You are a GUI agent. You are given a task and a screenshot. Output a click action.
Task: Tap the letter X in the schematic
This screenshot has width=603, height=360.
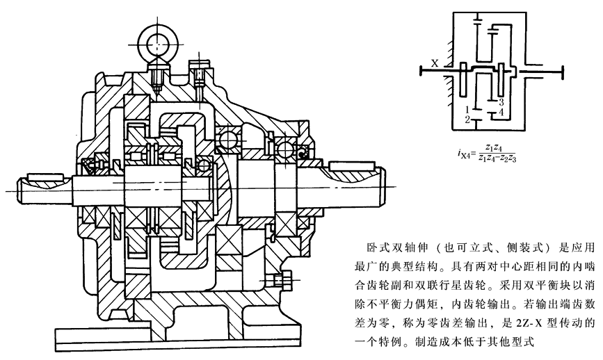click(x=434, y=63)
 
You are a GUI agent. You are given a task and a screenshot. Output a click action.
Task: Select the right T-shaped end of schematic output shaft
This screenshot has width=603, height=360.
click(x=561, y=69)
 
